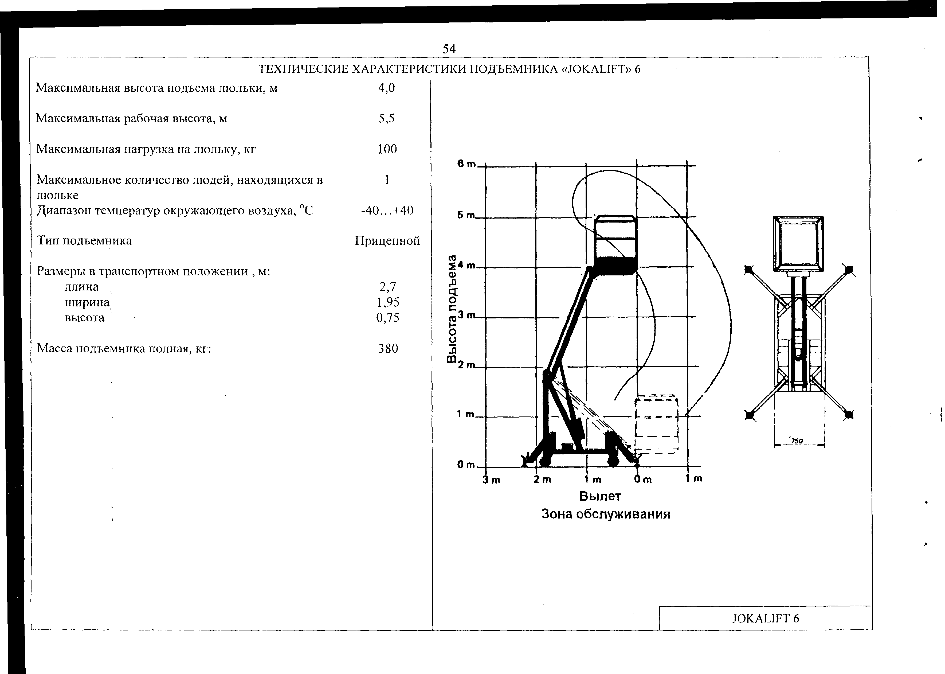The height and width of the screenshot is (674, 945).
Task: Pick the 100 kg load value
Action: (x=387, y=149)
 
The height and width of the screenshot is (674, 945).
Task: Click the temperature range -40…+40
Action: (x=387, y=211)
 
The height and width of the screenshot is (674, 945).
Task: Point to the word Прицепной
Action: (x=387, y=241)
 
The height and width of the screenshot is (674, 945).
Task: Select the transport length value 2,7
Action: (x=387, y=286)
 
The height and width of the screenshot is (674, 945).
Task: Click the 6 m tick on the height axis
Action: (x=466, y=164)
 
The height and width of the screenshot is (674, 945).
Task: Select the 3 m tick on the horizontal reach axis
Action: (x=491, y=480)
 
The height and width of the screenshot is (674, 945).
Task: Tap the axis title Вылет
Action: (x=600, y=496)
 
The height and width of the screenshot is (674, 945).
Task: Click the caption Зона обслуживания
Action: (x=606, y=515)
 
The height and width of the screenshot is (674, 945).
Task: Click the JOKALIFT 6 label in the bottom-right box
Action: (x=765, y=619)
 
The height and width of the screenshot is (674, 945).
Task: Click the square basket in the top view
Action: (x=798, y=244)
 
